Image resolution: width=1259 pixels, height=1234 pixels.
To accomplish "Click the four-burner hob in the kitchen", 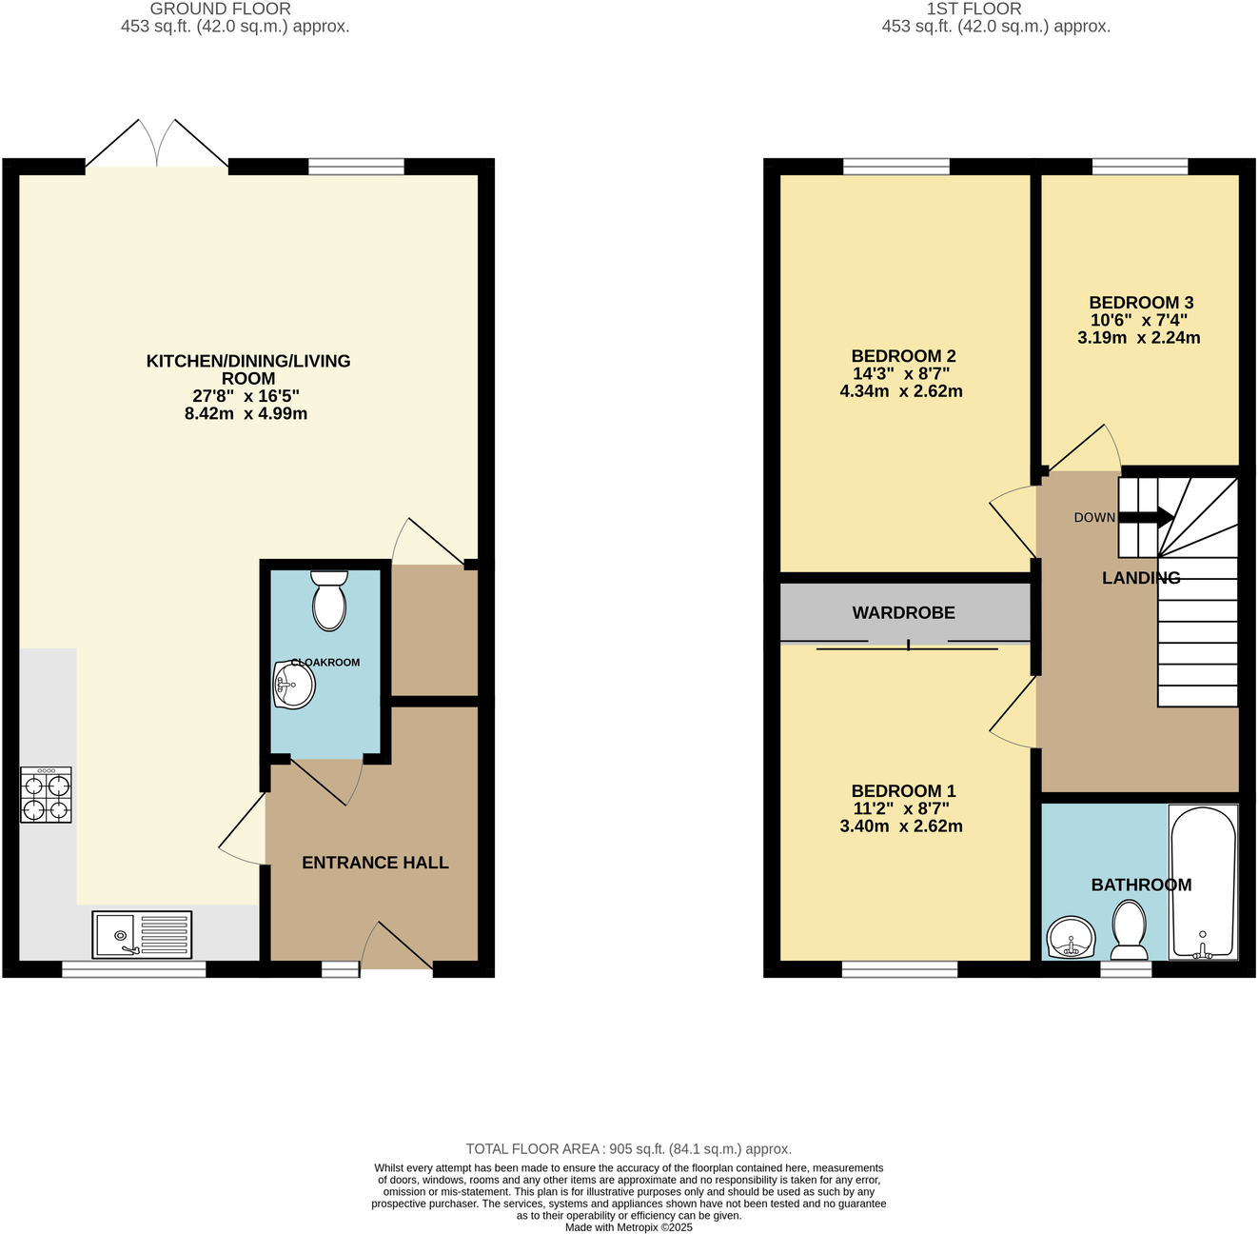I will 46,795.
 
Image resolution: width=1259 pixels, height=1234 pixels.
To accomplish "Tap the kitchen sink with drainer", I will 142,935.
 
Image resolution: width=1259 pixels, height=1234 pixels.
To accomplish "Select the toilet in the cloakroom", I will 329,600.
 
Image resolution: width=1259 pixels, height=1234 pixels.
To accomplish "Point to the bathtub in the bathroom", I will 1203,883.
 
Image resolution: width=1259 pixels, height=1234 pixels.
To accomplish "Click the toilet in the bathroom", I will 1130,931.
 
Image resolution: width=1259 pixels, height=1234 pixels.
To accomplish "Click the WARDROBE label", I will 903,613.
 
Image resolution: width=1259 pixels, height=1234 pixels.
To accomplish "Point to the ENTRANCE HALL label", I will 375,863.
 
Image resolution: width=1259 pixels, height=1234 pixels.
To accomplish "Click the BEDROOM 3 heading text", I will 1141,303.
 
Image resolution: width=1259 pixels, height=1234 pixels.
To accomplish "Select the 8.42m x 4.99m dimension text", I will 246,414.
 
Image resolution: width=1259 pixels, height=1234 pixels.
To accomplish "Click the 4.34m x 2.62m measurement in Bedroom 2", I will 900,391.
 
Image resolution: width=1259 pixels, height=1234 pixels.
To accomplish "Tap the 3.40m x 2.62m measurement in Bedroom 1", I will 900,826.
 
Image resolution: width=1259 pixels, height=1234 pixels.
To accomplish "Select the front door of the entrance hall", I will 397,947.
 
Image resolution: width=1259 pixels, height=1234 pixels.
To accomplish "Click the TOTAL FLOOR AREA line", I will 628,1149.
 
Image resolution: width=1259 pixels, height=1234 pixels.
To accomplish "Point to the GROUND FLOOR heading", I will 220,9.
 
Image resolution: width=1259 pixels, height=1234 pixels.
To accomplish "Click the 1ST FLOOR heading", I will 974,9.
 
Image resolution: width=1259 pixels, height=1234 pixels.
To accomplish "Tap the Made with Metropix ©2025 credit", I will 628,1227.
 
